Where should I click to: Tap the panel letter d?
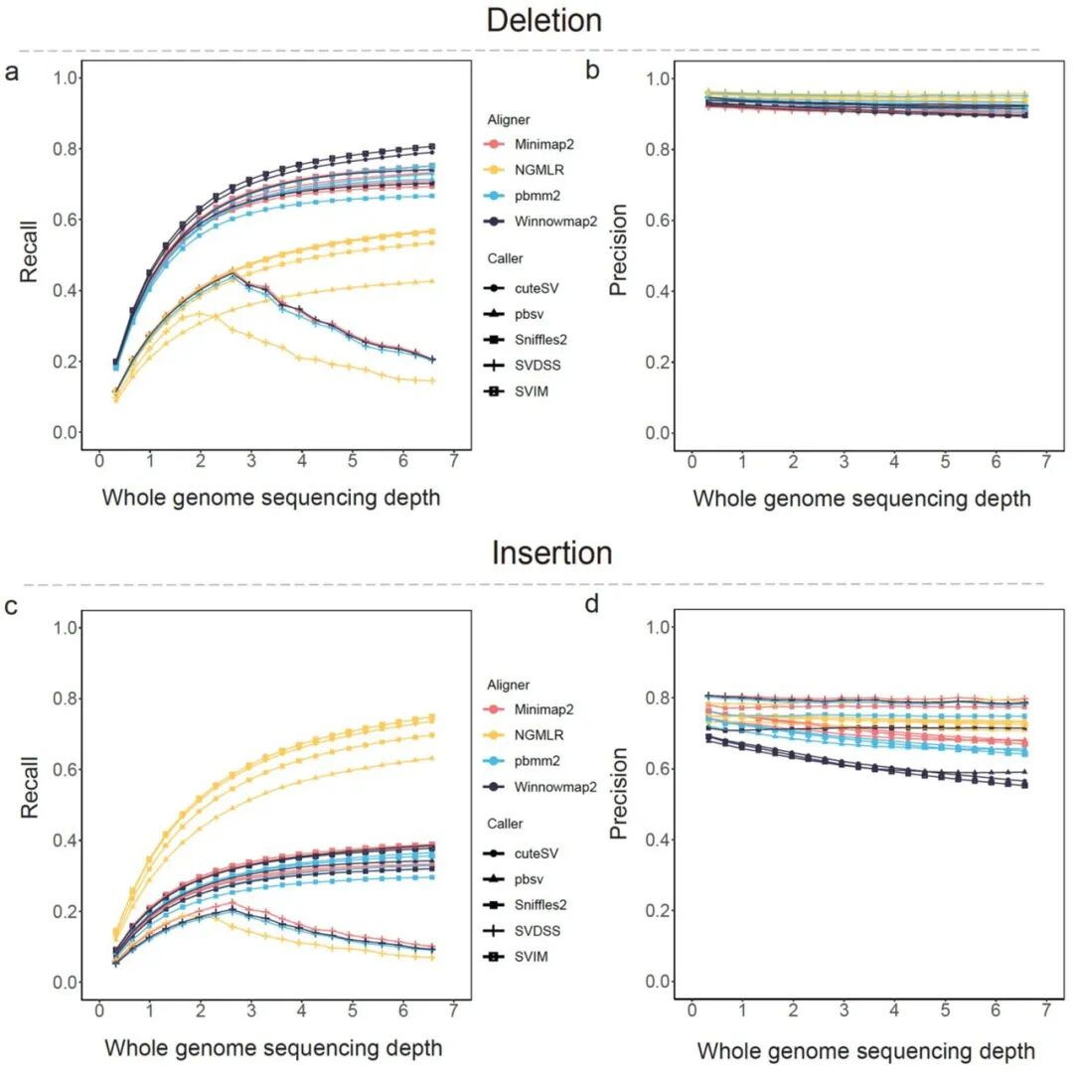(x=593, y=602)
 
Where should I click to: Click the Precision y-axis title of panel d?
(x=619, y=803)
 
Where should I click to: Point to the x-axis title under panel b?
(x=861, y=499)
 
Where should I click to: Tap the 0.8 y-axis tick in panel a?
(x=66, y=149)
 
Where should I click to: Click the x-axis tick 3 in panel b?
(x=843, y=463)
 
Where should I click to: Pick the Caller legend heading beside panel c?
(x=507, y=824)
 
